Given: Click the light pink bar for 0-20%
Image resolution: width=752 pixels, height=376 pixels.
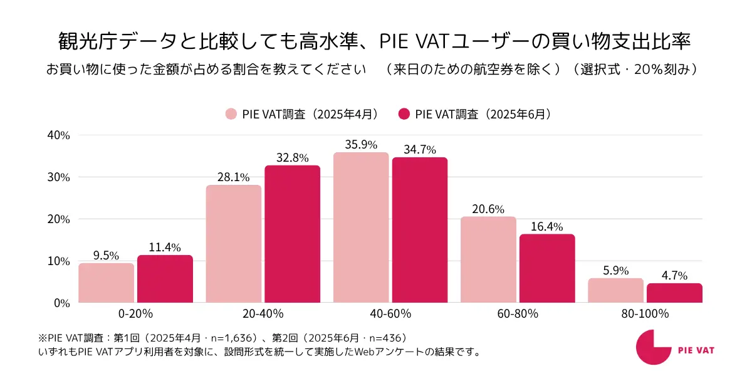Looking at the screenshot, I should [106, 283].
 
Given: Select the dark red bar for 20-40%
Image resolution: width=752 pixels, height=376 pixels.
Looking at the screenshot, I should [292, 234].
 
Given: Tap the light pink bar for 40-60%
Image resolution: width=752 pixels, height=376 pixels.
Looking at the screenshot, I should [361, 227].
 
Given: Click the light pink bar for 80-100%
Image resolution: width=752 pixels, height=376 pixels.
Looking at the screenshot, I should [615, 290].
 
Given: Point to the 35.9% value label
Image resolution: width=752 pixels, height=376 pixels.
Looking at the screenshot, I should [361, 145].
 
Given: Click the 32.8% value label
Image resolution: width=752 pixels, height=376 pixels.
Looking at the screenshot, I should [292, 158].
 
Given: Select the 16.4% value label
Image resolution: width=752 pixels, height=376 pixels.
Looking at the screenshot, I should [547, 226].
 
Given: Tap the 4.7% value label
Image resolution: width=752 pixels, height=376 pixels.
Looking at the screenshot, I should [674, 276].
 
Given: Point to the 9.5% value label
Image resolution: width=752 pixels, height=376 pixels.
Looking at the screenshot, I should [106, 256].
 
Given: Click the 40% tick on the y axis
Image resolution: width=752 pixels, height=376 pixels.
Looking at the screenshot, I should [59, 135].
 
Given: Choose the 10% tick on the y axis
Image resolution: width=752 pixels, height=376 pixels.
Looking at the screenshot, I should [59, 261].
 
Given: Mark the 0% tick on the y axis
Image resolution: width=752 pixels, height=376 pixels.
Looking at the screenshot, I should [62, 303].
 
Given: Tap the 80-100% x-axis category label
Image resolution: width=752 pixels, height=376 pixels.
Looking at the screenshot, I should [645, 313].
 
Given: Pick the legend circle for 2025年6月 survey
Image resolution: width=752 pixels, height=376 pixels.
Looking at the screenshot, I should [404, 114].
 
